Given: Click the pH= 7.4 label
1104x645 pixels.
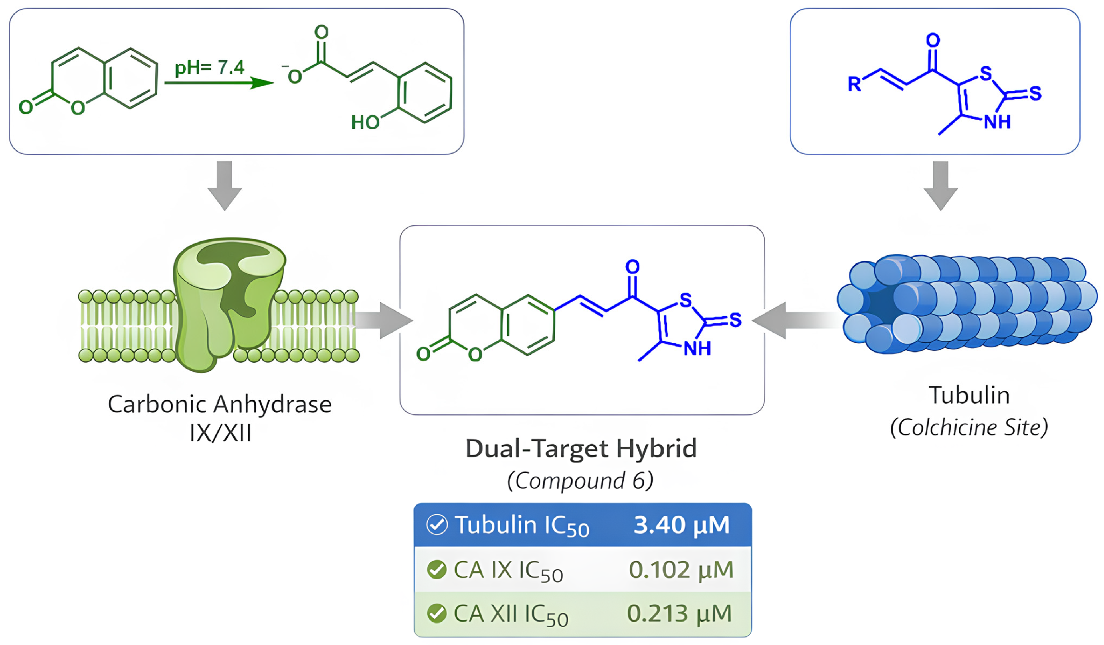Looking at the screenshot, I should pyautogui.click(x=209, y=68).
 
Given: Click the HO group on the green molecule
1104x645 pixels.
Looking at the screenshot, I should pyautogui.click(x=365, y=122).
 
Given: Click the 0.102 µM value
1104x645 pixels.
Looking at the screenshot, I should pyautogui.click(x=681, y=570).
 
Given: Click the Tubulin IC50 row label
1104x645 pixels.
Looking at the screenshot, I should pyautogui.click(x=522, y=525).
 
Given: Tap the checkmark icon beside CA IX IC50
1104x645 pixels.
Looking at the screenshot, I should pyautogui.click(x=436, y=570).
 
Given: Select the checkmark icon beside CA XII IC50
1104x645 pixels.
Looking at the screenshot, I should pyautogui.click(x=436, y=613).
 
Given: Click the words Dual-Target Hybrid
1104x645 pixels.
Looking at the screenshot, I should pyautogui.click(x=581, y=449).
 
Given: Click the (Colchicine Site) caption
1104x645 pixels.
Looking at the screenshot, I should pyautogui.click(x=969, y=428).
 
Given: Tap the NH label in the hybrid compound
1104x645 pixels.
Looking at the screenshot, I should pyautogui.click(x=697, y=349).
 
